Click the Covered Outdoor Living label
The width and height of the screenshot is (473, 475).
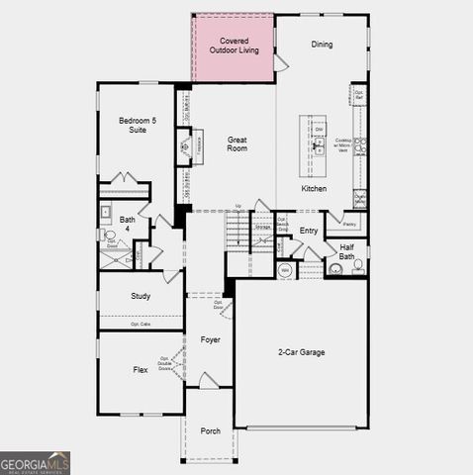pyautogui.click(x=233, y=45)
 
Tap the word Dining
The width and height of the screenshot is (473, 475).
pyautogui.click(x=322, y=45)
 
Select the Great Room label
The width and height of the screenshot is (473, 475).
pyautogui.click(x=236, y=144)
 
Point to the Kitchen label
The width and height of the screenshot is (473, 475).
pyautogui.click(x=314, y=188)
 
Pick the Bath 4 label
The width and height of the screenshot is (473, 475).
pyautogui.click(x=128, y=225)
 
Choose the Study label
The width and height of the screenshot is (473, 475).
pyautogui.click(x=141, y=296)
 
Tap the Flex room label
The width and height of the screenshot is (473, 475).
pyautogui.click(x=141, y=370)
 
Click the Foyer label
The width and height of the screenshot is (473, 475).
pyautogui.click(x=210, y=340)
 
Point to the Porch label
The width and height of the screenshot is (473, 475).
pyautogui.click(x=210, y=431)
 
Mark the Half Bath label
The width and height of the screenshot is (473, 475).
pyautogui.click(x=347, y=251)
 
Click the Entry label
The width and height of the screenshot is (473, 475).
pyautogui.click(x=309, y=231)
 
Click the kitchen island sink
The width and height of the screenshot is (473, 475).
pyautogui.click(x=319, y=145)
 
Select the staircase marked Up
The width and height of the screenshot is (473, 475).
pyautogui.click(x=237, y=233)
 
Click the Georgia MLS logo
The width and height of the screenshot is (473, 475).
pyautogui.click(x=36, y=462)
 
